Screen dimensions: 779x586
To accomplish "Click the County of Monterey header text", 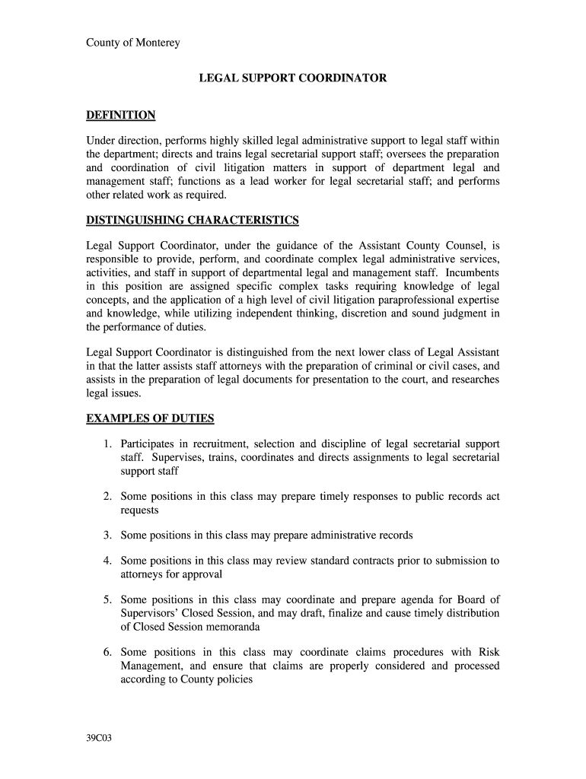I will point(132,43).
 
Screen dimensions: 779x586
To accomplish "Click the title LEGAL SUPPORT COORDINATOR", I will point(293,78).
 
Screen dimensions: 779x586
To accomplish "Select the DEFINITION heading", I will point(121,116).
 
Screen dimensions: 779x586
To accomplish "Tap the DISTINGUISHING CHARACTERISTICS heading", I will point(193,221).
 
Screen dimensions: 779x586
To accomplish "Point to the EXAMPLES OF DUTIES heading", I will point(150,418).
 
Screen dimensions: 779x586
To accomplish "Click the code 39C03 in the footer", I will point(99,738).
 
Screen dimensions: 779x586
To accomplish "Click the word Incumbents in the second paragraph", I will point(473,272).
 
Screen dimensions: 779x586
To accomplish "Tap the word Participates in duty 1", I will point(151,444).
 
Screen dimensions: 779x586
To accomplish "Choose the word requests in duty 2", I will point(139,510).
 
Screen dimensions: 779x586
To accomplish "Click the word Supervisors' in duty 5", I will point(151,613).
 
